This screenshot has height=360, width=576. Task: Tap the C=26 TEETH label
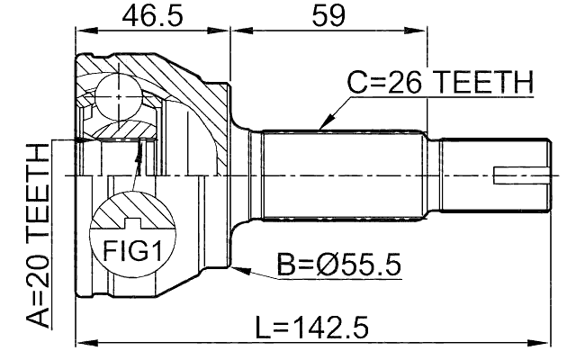[x=441, y=83]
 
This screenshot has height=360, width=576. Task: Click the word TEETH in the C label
[x=485, y=83]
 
